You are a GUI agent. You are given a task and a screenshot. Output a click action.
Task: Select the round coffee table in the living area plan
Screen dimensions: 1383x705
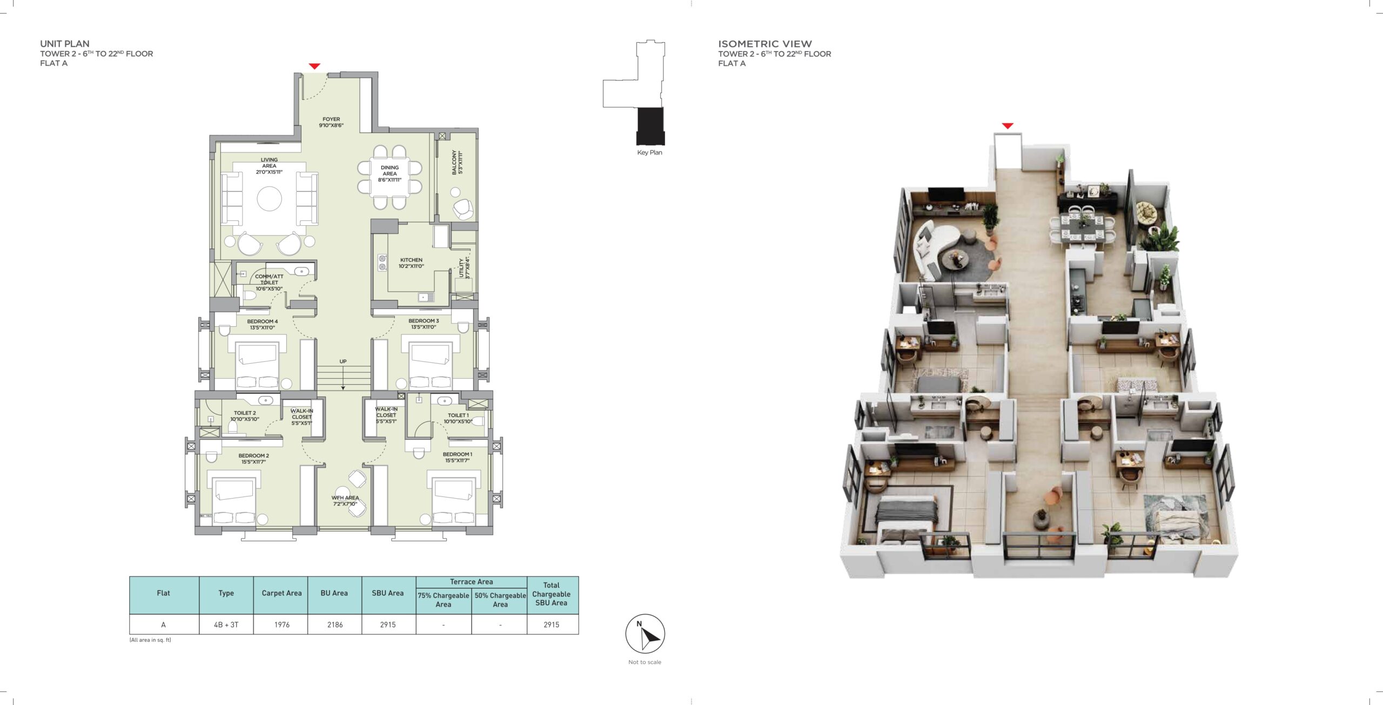pos(269,199)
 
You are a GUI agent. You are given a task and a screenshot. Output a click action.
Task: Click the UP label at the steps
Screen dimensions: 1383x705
pos(343,361)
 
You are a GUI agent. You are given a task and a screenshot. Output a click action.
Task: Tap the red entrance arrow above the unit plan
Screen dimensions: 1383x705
pos(314,66)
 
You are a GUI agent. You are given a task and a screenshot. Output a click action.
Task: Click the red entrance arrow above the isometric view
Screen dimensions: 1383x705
pos(1008,126)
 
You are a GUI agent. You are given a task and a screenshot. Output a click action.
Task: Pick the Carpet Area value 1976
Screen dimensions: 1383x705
pos(281,625)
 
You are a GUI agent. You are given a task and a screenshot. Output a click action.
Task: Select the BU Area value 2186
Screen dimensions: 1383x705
pos(335,625)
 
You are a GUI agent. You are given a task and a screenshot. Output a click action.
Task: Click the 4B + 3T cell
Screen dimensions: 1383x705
pos(226,625)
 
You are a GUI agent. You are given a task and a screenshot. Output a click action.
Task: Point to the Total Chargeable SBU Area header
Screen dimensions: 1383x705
pos(551,594)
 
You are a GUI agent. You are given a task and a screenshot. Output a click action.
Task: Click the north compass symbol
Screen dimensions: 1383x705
pos(645,634)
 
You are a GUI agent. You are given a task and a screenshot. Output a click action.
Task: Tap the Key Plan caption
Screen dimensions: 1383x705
pos(649,152)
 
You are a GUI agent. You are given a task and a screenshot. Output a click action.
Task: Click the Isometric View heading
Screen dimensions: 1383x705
pos(765,44)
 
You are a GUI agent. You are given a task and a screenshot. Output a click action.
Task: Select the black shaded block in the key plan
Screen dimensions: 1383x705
pos(650,126)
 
